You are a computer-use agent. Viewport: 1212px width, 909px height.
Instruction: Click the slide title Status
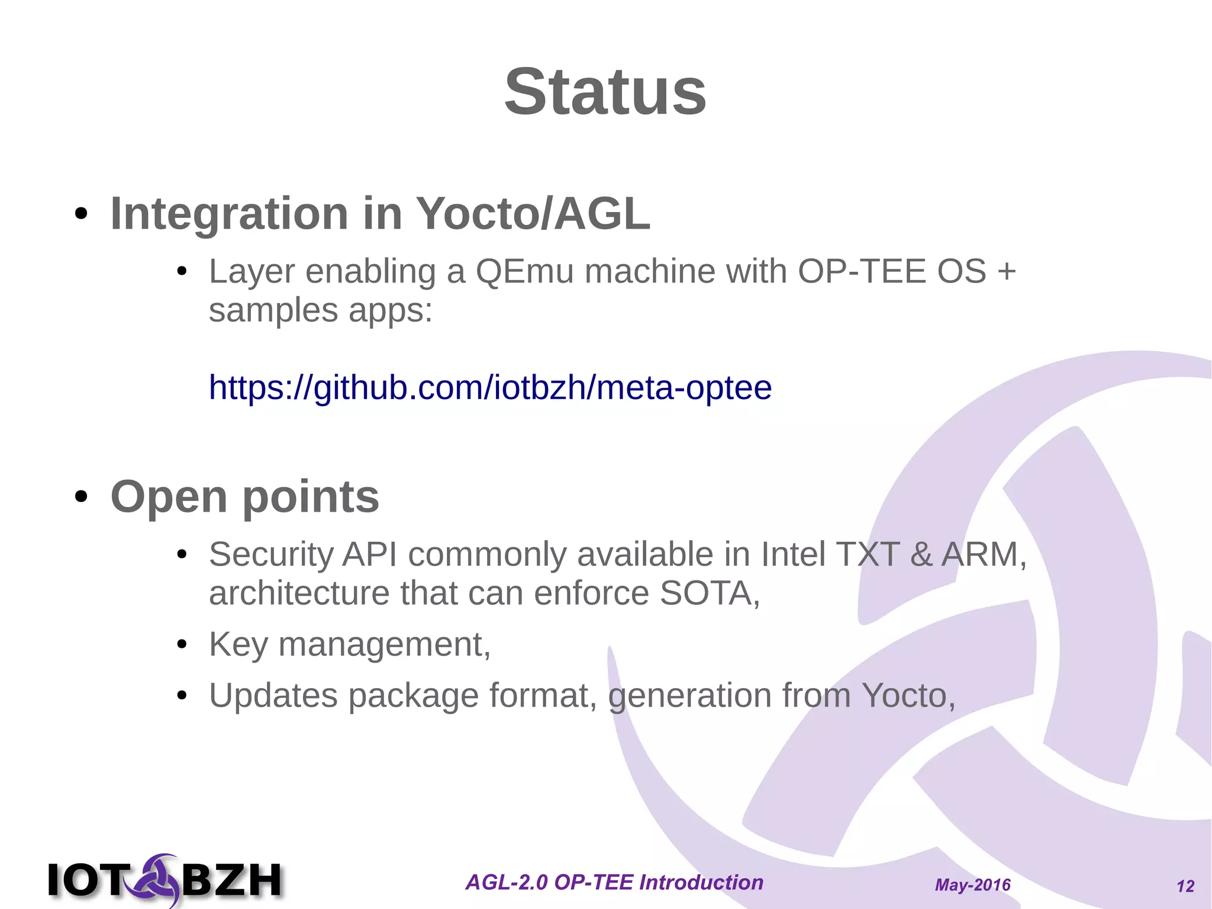(x=605, y=92)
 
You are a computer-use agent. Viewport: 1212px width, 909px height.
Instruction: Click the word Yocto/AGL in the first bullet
(x=533, y=213)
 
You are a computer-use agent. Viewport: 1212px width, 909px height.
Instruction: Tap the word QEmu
(x=524, y=272)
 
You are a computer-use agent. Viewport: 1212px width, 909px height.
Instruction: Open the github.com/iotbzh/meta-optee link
(x=490, y=388)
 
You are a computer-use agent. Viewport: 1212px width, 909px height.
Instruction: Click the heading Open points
(x=244, y=496)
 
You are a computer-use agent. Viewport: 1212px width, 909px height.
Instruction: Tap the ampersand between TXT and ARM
(x=921, y=555)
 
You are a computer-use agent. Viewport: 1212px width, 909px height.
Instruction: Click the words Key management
(x=349, y=644)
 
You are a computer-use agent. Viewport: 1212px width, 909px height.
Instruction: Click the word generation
(x=689, y=695)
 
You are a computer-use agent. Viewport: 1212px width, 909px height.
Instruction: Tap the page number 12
(x=1185, y=886)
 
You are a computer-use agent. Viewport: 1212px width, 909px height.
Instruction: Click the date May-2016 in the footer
(x=972, y=885)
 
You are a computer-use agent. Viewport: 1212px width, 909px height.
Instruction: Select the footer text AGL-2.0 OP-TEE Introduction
(x=614, y=882)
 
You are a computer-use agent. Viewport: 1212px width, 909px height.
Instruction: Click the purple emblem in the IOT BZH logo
(x=155, y=879)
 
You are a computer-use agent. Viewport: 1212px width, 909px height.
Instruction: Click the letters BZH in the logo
(x=231, y=880)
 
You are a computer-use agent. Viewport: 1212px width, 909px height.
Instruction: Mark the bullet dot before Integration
(x=81, y=214)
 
